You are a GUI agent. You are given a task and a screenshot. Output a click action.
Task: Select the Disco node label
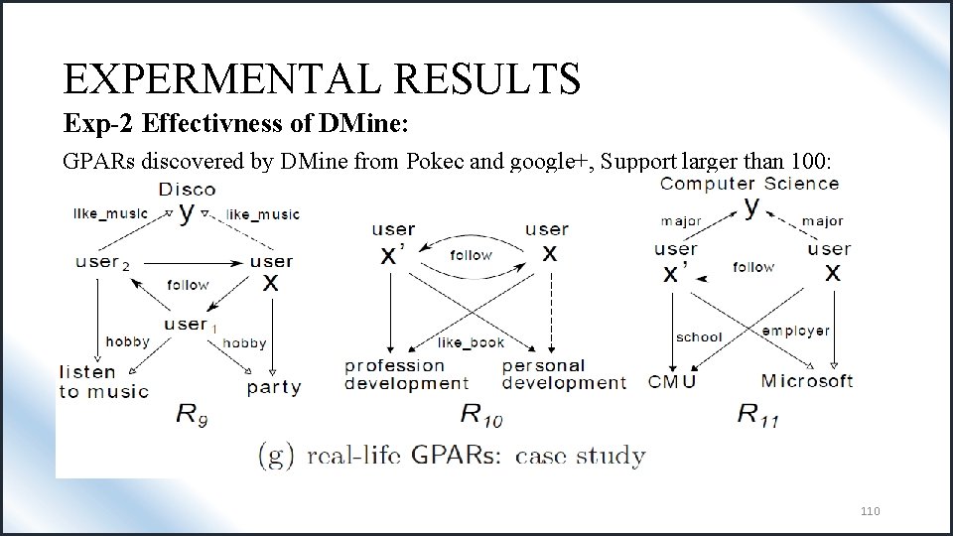[x=187, y=190]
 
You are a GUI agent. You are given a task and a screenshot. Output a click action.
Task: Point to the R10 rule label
[x=481, y=416]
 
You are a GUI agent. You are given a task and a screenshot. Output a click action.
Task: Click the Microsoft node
[x=806, y=381]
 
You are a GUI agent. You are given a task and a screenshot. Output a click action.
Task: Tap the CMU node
[x=672, y=381]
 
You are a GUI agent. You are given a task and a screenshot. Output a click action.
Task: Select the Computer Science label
[x=749, y=184]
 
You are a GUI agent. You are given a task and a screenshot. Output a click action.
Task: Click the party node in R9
[x=274, y=387]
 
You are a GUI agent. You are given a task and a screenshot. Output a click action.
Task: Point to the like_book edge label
[x=471, y=342]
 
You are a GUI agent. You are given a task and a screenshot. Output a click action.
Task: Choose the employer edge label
[x=795, y=331]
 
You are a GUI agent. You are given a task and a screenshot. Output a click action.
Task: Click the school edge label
[x=699, y=337]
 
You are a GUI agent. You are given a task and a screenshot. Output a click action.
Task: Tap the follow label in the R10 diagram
[x=471, y=255]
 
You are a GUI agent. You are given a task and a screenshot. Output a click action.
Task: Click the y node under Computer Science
[x=751, y=206]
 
